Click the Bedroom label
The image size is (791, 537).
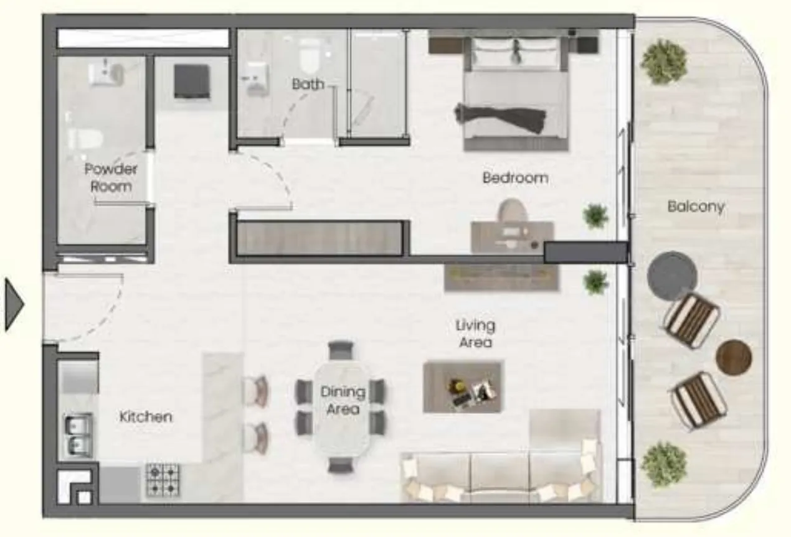point(515,178)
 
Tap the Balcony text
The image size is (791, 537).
point(696,207)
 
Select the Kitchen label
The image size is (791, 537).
point(146,417)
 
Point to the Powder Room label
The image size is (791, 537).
point(111,177)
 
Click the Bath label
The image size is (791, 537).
point(308,84)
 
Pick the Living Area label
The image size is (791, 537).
point(475,334)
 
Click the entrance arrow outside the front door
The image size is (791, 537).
point(15,304)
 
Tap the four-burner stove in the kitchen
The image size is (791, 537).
point(163,480)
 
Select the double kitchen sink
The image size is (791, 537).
point(78,436)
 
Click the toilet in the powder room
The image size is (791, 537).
point(85,138)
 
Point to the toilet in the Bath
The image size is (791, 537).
point(310,54)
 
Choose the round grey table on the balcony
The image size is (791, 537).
point(673,276)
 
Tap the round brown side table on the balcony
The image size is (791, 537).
point(734,357)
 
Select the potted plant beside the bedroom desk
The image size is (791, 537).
point(595,215)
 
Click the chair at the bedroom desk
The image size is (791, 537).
point(513,211)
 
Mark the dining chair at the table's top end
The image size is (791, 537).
point(341,350)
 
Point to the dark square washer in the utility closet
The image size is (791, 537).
point(192,82)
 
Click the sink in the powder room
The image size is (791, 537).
point(106,72)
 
